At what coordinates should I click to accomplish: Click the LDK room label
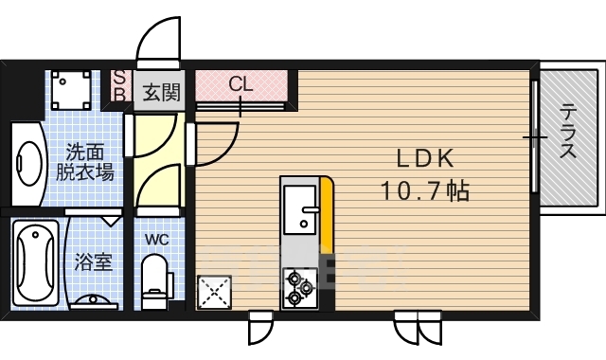tap(426, 158)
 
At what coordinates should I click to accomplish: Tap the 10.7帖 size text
tap(426, 191)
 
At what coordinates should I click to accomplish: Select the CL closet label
tap(241, 83)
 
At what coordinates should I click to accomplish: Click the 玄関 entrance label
tap(161, 92)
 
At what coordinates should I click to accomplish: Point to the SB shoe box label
tap(120, 85)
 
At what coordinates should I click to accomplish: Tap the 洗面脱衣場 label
tap(84, 162)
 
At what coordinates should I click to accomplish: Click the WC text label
tap(157, 240)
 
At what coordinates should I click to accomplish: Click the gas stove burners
tap(300, 287)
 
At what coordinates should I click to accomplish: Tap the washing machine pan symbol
tap(70, 90)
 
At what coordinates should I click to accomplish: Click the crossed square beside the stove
tap(213, 291)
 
